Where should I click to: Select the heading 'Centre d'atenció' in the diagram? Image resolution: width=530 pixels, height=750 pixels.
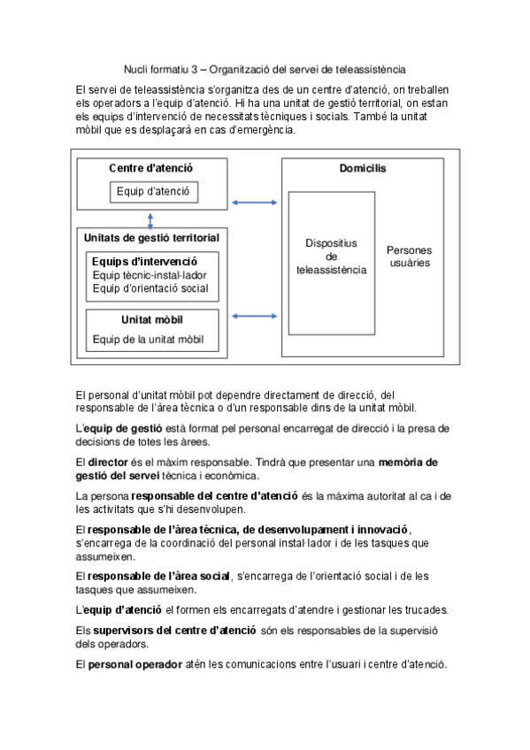click(151, 168)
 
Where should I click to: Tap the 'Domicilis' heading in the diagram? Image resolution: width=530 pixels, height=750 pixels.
click(363, 168)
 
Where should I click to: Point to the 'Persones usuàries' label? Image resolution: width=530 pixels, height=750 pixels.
click(410, 256)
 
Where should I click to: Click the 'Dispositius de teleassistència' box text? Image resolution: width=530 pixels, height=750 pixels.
click(331, 256)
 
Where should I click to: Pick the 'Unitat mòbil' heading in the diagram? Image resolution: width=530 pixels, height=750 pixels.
click(152, 319)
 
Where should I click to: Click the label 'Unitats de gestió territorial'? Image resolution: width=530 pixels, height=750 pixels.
click(151, 238)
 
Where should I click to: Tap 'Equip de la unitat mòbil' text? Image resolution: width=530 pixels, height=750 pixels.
click(148, 339)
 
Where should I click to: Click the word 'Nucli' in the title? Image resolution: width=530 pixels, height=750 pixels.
click(134, 68)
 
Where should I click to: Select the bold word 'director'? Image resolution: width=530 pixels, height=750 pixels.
click(108, 463)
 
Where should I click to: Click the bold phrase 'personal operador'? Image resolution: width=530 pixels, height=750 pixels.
click(134, 664)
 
